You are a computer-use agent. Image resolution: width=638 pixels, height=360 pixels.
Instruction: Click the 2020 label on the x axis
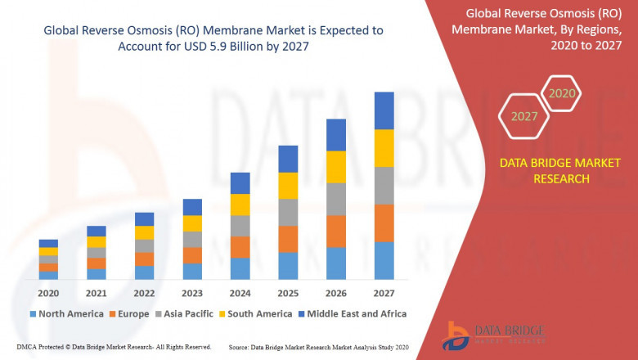coord(48,293)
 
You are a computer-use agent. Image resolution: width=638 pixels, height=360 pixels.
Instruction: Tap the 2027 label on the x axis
coord(384,293)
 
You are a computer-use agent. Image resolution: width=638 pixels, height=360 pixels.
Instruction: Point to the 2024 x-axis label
coord(240,293)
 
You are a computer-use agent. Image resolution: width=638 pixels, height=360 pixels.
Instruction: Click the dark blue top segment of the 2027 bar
coord(384,110)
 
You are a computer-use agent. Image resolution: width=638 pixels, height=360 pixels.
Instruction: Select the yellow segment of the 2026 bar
coord(336,167)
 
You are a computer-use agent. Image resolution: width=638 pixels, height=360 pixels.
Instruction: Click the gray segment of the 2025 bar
coord(288,212)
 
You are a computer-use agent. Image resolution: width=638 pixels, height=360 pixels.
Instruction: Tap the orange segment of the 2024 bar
coord(240,247)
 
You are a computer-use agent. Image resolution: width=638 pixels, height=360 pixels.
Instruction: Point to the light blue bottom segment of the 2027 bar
coord(384,260)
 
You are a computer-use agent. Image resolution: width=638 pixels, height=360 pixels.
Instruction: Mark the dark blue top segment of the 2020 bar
coord(48,243)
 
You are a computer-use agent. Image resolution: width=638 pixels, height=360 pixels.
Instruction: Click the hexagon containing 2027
coord(524,116)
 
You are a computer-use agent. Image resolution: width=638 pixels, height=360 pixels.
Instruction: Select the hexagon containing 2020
coord(562,93)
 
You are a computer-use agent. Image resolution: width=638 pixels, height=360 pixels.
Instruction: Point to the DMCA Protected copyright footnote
coord(108,347)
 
